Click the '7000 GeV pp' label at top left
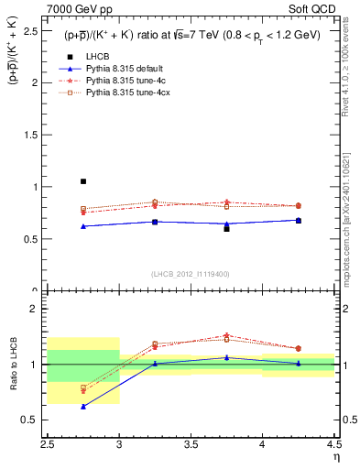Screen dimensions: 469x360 point(76,10)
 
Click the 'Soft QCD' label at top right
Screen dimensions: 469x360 point(311,10)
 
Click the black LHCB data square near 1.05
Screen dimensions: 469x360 point(83,181)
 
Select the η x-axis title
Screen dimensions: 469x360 point(334,457)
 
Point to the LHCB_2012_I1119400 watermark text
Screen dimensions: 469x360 point(191,275)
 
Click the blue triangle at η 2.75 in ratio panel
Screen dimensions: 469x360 point(83,406)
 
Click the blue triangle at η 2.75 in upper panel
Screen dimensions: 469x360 point(83,226)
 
